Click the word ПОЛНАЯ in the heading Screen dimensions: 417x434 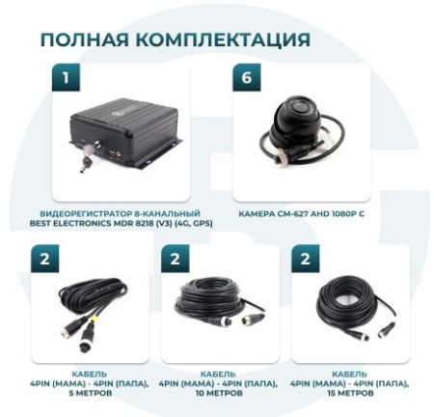point(82,40)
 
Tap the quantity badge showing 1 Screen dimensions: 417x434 point(67,78)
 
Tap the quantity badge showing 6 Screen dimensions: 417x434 point(246,78)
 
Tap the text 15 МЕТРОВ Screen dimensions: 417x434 point(349,391)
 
